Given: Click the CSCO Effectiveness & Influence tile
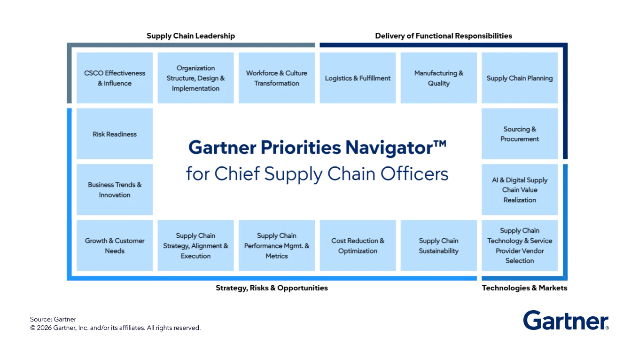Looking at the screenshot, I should tap(115, 78).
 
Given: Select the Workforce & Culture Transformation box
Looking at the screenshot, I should tap(277, 78).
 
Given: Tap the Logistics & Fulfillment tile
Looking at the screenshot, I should tap(358, 78).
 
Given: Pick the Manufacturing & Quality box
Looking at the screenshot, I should tap(439, 78).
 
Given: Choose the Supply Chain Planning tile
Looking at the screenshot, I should tap(520, 78).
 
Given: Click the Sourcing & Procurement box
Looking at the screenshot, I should tap(520, 134).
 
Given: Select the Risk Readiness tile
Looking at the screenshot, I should tap(115, 134).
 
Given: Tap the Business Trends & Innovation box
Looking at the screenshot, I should tap(115, 189).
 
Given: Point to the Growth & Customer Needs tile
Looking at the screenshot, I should tap(115, 245).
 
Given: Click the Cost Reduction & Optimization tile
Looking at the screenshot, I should tap(358, 245).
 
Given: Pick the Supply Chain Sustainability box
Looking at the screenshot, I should tap(439, 245).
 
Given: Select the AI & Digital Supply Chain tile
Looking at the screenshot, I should tap(520, 189).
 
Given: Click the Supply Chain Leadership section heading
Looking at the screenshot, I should tap(191, 36).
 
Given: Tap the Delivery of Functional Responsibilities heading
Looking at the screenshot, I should tap(444, 36).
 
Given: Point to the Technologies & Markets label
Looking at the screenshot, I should tap(524, 288).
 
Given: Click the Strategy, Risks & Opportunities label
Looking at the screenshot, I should tap(272, 288).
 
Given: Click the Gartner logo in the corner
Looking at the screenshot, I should tap(566, 321).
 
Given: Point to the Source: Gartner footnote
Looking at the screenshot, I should tap(53, 319).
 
